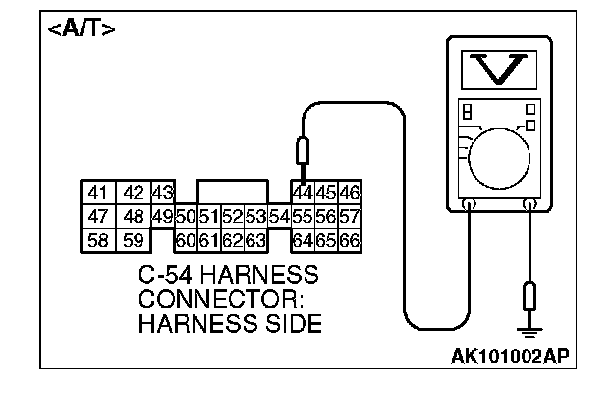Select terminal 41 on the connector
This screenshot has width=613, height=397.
(x=96, y=193)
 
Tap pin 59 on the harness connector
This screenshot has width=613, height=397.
(x=134, y=239)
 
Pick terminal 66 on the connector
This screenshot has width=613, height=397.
(x=349, y=239)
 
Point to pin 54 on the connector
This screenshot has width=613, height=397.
(x=278, y=216)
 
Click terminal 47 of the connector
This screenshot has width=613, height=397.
(x=96, y=216)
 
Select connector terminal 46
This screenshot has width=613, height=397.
(x=349, y=193)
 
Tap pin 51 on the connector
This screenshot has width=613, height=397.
(x=208, y=216)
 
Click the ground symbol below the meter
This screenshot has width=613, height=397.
(x=531, y=333)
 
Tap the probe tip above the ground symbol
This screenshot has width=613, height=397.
(x=531, y=294)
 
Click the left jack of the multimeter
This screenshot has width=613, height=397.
(x=469, y=204)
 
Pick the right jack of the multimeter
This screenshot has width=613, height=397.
(x=531, y=204)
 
